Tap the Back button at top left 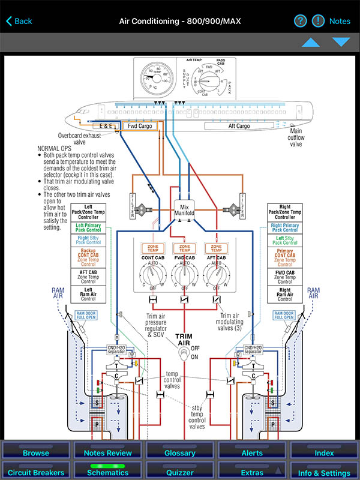point(19,21)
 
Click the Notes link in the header point(340,21)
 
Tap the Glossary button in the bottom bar point(179,453)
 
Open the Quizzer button point(179,473)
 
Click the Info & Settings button point(324,473)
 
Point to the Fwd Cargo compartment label point(139,127)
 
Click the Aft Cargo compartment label point(230,126)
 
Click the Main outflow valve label point(296,137)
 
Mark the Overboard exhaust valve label point(79,139)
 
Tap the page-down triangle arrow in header point(341,42)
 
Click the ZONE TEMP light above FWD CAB point(185,247)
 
